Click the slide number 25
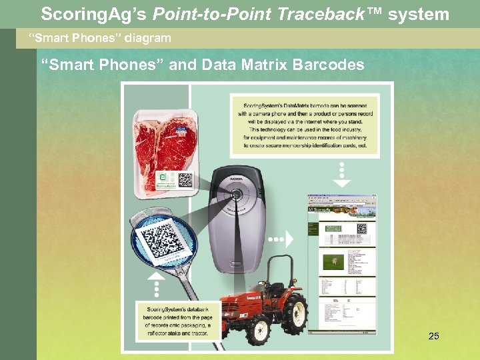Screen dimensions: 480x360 (x=433, y=337)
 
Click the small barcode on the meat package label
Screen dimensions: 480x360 (x=185, y=179)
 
